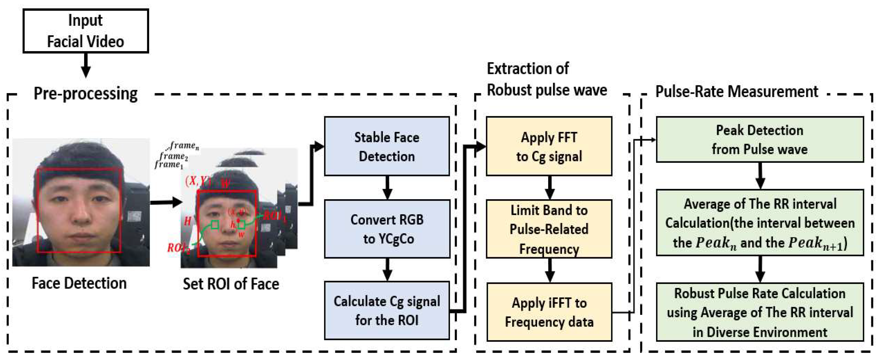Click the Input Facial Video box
coord(85,31)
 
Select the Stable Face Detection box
coord(387,146)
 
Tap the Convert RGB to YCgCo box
coord(387,229)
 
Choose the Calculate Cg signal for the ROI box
coord(387,310)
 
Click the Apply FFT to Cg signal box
coord(549,146)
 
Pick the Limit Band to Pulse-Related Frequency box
coord(549,229)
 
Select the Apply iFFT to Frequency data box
coord(549,312)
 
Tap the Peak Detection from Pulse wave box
coord(759,139)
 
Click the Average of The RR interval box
coord(759,223)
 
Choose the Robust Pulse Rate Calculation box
coord(759,312)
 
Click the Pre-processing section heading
coord(85,93)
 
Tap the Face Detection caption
coord(79,283)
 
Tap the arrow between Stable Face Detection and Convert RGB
coord(387,188)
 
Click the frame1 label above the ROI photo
coord(168,165)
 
